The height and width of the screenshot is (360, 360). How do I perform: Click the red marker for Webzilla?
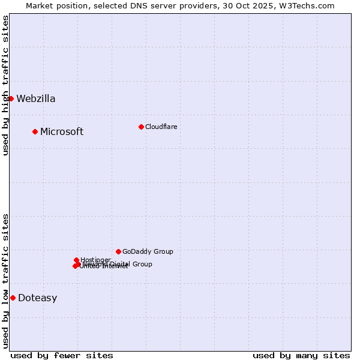coord(11,98)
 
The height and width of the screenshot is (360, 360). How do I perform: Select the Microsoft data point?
coord(35,131)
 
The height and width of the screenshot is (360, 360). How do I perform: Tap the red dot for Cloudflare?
coord(141,127)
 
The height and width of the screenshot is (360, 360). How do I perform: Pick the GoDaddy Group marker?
coord(118,251)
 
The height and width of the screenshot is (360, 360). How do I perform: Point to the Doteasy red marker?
coord(13,298)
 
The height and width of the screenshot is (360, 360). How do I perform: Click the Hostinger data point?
coord(76,260)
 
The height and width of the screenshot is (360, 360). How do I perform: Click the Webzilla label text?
coord(35,99)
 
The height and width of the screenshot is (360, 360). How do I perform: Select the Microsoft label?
coord(61,132)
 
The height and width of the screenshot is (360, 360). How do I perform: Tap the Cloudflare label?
coord(161,127)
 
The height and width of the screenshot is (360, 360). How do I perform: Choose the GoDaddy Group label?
coord(147,252)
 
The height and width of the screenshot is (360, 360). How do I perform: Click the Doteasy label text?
coord(37,298)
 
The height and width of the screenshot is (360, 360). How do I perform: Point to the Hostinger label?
coord(95,260)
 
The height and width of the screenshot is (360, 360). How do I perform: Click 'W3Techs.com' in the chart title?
coord(311,5)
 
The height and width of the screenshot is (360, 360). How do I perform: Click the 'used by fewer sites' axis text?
coord(62,355)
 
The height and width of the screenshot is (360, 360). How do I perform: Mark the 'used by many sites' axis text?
coord(301,355)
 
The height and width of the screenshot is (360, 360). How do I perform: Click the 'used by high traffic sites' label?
coord(5,85)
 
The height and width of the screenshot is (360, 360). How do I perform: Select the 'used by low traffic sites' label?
coord(5,281)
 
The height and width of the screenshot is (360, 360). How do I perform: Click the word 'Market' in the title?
coord(39,5)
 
